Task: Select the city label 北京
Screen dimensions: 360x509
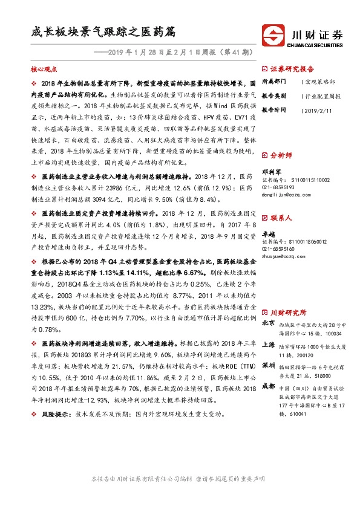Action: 269,323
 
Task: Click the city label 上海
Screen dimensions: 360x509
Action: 269,344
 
